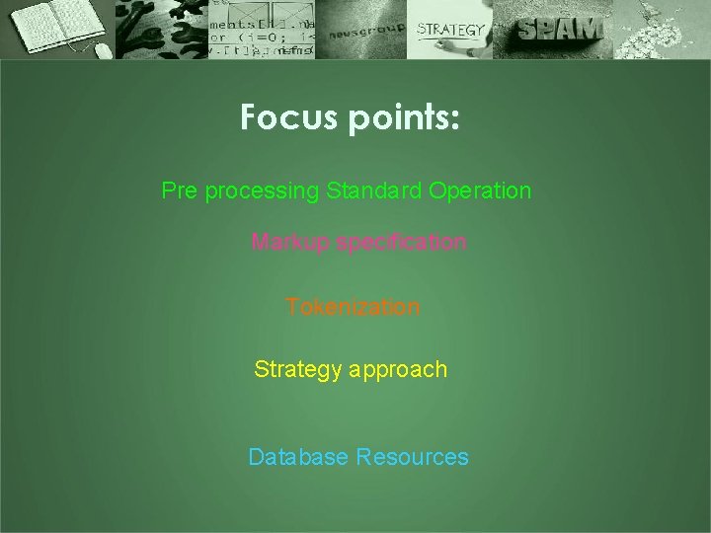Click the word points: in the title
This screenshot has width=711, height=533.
pyautogui.click(x=403, y=119)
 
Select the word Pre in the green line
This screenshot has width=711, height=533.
pyautogui.click(x=179, y=190)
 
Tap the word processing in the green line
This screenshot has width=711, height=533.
pyautogui.click(x=262, y=191)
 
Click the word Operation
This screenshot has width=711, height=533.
pyautogui.click(x=480, y=191)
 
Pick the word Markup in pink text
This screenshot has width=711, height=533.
pyautogui.click(x=289, y=243)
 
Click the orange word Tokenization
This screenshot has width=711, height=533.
pyautogui.click(x=353, y=307)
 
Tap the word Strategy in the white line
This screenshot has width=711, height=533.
pyautogui.click(x=295, y=370)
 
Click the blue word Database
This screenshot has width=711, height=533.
pyautogui.click(x=298, y=457)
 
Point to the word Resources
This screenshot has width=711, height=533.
pyautogui.click(x=413, y=457)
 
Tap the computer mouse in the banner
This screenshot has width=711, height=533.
pyautogui.click(x=101, y=48)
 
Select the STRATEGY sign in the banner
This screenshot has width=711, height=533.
pyautogui.click(x=450, y=30)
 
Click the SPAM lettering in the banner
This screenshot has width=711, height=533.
pyautogui.click(x=558, y=31)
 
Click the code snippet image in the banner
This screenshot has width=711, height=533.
pyautogui.click(x=262, y=30)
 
